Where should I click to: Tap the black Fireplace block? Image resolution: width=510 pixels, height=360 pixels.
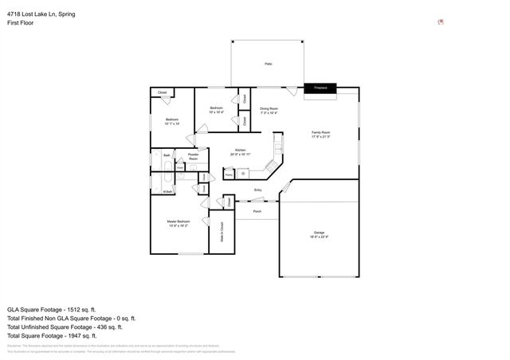(x=320, y=88)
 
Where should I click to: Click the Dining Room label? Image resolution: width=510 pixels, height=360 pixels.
(x=269, y=110)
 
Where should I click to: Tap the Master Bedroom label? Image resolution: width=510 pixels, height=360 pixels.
(x=178, y=223)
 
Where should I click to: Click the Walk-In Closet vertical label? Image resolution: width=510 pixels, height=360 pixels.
(x=222, y=231)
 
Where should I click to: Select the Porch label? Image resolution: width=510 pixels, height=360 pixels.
(x=257, y=212)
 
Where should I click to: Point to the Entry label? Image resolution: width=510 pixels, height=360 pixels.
(x=257, y=190)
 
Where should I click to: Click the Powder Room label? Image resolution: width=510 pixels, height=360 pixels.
(x=193, y=157)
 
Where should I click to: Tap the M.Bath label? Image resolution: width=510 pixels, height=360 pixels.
(x=167, y=191)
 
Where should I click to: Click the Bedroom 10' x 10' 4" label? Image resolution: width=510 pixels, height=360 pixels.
(x=216, y=110)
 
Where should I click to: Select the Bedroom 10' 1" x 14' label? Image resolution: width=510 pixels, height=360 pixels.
(x=172, y=122)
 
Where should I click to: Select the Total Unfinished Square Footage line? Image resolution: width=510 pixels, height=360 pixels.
(x=65, y=327)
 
